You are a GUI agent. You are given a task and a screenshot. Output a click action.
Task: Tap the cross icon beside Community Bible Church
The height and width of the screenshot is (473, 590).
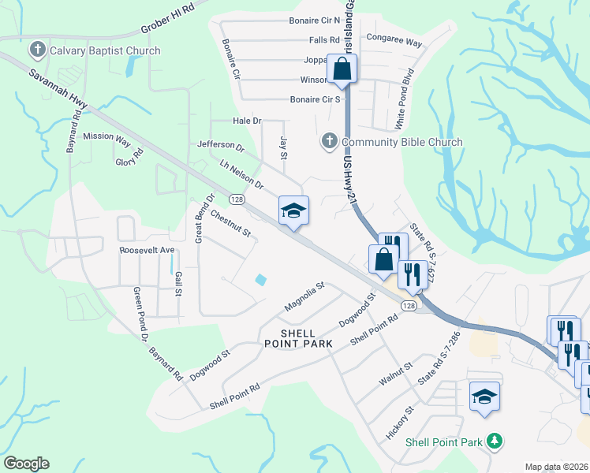click(x=329, y=142)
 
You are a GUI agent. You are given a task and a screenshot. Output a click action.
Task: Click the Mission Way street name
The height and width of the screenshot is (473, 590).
click(x=106, y=136)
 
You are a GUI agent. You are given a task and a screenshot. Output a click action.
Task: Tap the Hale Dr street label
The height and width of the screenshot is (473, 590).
click(x=247, y=121)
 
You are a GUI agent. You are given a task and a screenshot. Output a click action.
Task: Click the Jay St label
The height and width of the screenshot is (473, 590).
click(x=283, y=146)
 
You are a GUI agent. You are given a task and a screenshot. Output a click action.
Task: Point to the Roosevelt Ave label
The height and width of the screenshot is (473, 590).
click(x=146, y=250)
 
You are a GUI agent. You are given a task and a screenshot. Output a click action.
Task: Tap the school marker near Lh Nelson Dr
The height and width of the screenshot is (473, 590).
click(x=293, y=210)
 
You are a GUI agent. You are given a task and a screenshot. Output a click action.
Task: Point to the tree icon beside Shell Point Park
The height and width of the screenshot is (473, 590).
click(x=495, y=441)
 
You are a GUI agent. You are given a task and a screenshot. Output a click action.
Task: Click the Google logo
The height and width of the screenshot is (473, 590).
click(x=27, y=464)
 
